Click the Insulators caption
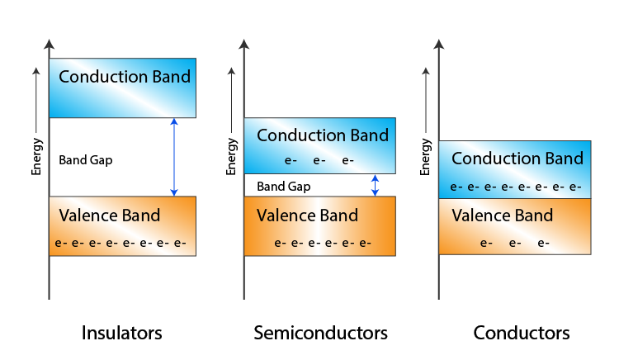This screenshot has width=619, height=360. pos(121,334)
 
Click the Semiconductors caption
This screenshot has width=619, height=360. pos(320,334)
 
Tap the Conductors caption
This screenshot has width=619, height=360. pos(521,334)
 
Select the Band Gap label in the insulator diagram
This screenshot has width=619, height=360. pos(85,160)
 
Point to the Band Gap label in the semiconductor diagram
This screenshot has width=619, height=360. pos(283,187)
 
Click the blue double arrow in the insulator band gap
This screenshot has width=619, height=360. pos(173,157)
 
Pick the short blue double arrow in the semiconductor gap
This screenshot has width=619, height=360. pos(375,185)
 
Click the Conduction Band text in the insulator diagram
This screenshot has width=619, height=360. pos(125,78)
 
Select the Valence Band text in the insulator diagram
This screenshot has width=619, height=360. pos(110,216)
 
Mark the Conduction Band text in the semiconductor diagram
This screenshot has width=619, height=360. pos(323,135)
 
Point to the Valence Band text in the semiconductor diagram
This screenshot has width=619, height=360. pos(307,216)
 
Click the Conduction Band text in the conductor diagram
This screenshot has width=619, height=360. pos(517,159)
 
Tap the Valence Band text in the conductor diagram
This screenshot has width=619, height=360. pos(502,216)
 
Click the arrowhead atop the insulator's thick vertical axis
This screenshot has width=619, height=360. pos(50,45)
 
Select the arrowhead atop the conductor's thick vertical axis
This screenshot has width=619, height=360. pos(439,45)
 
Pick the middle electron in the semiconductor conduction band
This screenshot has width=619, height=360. pos(319,160)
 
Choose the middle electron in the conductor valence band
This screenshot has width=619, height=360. pos(515,244)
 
